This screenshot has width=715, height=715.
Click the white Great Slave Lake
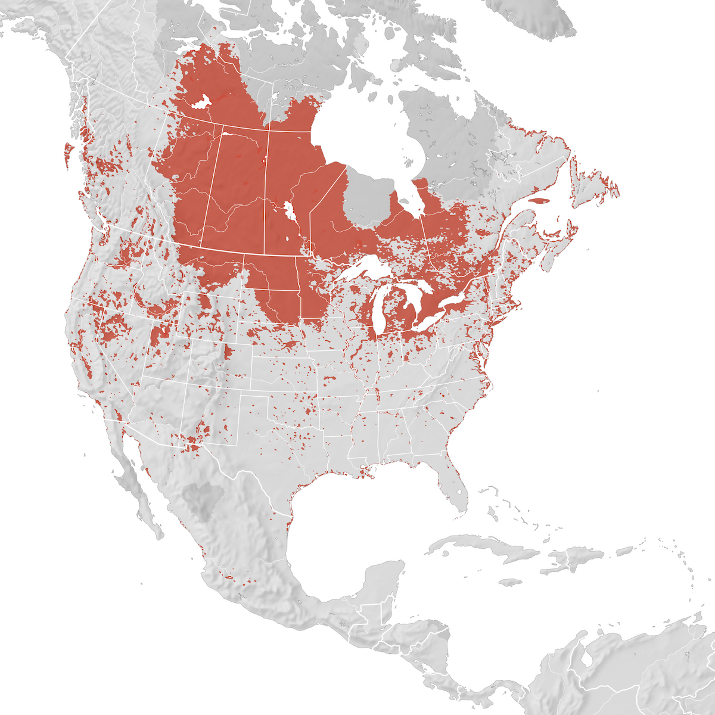[201, 102]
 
